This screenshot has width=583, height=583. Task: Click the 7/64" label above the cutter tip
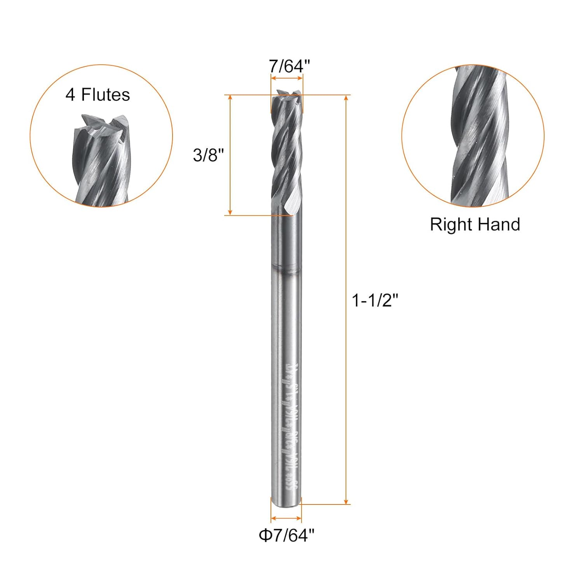(x=289, y=66)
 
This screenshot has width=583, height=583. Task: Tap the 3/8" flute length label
(x=208, y=155)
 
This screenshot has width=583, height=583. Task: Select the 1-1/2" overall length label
(x=375, y=300)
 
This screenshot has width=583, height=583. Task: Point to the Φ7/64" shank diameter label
(x=286, y=536)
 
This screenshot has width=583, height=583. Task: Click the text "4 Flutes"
(x=98, y=95)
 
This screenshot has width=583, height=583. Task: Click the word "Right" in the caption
(x=451, y=225)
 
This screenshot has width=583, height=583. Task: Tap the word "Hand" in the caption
(x=499, y=225)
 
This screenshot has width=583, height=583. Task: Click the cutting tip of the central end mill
(x=287, y=95)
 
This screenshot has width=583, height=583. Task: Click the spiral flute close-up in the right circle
(x=478, y=136)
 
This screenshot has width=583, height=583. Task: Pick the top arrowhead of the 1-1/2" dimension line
(x=346, y=98)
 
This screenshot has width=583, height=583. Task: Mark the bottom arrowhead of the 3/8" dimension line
(x=230, y=212)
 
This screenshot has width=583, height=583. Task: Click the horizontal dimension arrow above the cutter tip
(x=287, y=78)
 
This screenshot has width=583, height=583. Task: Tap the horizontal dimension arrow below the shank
(x=286, y=518)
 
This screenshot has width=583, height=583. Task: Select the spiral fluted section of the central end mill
(x=287, y=155)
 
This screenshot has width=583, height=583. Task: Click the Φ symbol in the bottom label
(x=265, y=536)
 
